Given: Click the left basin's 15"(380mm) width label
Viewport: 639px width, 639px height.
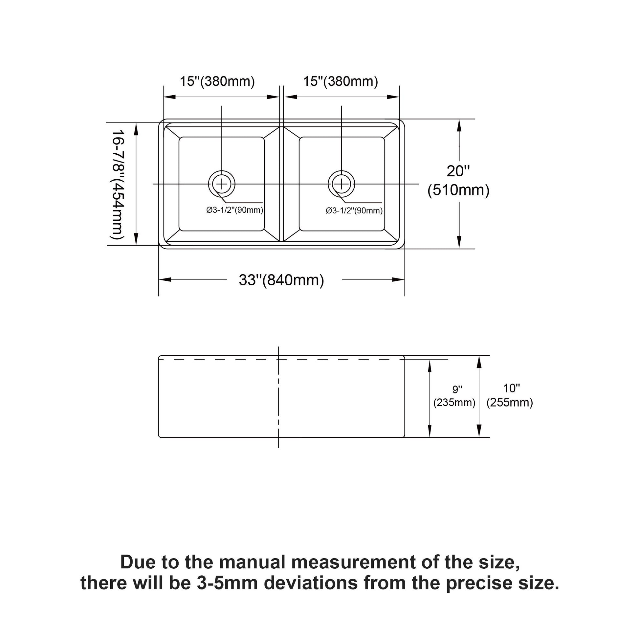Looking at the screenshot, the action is tap(217, 81).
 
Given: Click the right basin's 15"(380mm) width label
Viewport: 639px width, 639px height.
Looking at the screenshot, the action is tap(340, 81).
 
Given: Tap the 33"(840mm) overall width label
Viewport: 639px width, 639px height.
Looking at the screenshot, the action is tap(281, 280).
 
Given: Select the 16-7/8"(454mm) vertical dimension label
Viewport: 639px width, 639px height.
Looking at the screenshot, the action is tap(118, 184).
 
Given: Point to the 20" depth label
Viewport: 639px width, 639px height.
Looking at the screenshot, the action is tap(458, 171).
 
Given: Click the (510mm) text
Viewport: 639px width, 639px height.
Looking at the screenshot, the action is tap(458, 190).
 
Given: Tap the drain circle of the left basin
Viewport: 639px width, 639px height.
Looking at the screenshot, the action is tap(222, 184).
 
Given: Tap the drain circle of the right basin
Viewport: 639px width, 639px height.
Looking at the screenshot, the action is tap(341, 184).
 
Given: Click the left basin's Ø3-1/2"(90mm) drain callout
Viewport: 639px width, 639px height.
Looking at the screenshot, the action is tap(235, 210).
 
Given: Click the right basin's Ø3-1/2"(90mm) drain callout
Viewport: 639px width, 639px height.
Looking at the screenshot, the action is tap(354, 211).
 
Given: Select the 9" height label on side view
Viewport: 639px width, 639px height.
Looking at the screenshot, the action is tap(457, 390).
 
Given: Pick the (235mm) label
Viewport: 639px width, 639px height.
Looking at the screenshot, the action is tap(454, 403).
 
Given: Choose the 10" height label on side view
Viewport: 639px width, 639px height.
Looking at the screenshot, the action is tap(511, 388).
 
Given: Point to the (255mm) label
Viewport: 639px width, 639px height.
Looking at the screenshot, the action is tap(510, 403).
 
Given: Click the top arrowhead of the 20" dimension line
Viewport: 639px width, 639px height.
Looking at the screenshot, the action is tap(459, 125).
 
